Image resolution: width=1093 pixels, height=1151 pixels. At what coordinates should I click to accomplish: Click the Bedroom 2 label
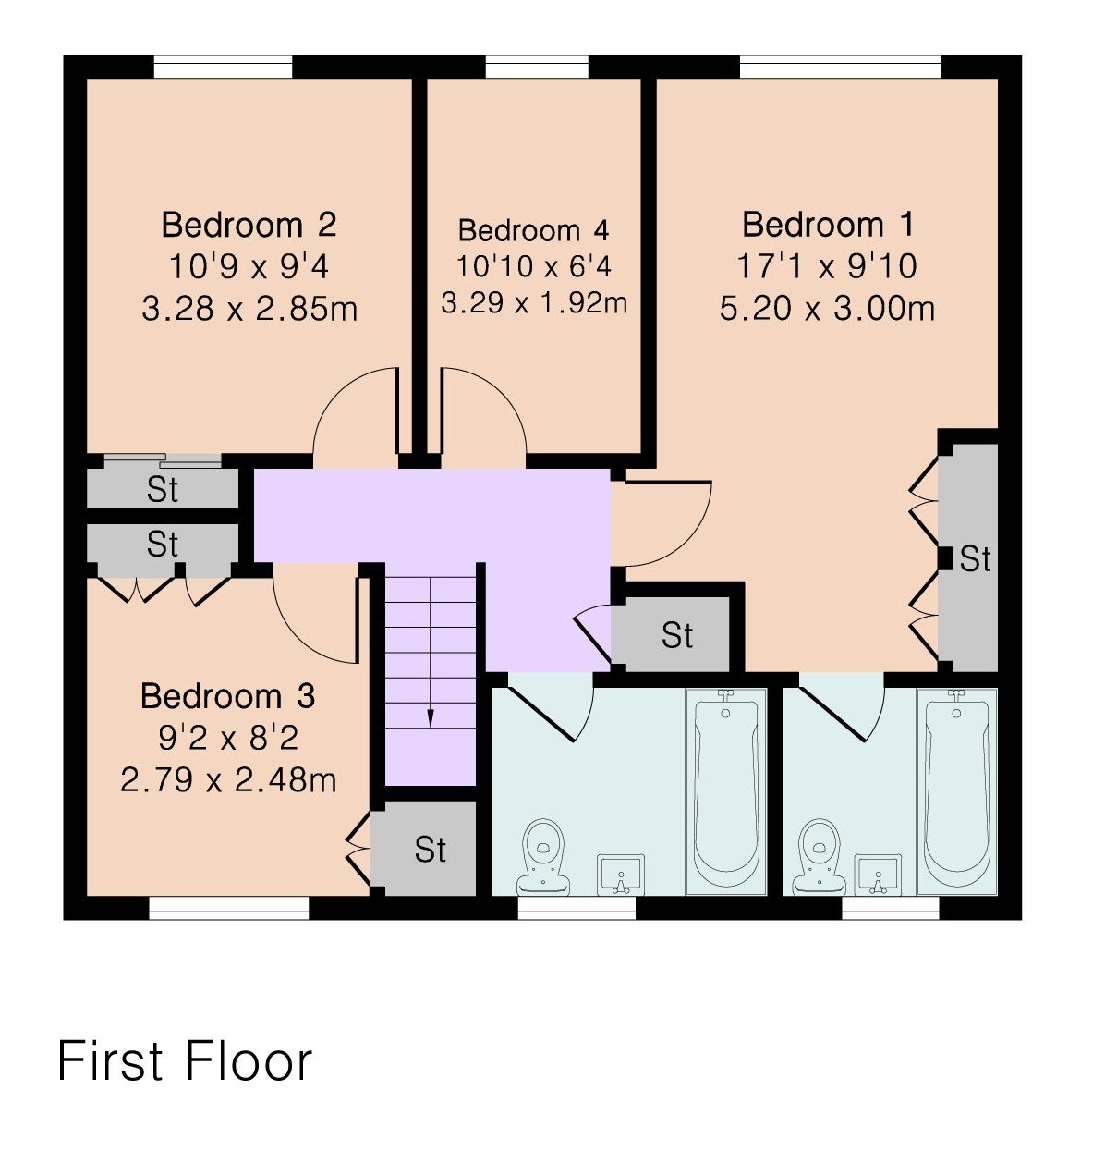pyautogui.click(x=249, y=225)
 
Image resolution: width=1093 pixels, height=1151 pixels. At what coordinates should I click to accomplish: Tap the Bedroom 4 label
pyautogui.click(x=533, y=230)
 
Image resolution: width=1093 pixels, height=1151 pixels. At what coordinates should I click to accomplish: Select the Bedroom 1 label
pyautogui.click(x=827, y=225)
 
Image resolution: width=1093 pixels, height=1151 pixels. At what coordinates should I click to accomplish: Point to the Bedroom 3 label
pyautogui.click(x=227, y=696)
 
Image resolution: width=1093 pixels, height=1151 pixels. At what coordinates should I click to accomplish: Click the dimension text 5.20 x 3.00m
pyautogui.click(x=827, y=309)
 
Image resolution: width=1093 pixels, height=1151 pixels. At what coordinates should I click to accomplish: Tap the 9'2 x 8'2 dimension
pyautogui.click(x=228, y=739)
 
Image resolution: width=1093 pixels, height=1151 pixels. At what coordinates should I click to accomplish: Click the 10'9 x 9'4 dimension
pyautogui.click(x=249, y=267)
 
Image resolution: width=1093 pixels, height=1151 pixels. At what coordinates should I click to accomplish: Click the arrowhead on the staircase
pyautogui.click(x=431, y=719)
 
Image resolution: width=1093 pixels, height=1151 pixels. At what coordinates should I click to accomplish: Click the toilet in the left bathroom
pyautogui.click(x=543, y=857)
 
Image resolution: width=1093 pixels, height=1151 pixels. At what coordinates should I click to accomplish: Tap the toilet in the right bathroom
pyautogui.click(x=820, y=857)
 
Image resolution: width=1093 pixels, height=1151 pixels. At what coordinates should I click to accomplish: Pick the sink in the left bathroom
pyautogui.click(x=621, y=875)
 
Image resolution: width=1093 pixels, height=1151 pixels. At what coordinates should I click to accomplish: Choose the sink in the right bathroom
pyautogui.click(x=877, y=875)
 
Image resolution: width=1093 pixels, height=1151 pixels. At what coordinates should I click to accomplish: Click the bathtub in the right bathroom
pyautogui.click(x=956, y=791)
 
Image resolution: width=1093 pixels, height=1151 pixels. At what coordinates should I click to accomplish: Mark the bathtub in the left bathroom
pyautogui.click(x=725, y=791)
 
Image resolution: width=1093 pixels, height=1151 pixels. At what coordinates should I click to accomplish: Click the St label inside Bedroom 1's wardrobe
pyautogui.click(x=975, y=558)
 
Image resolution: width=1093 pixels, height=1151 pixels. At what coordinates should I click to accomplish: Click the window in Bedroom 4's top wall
pyautogui.click(x=537, y=67)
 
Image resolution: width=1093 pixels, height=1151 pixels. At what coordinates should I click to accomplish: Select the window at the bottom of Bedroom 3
pyautogui.click(x=229, y=908)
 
